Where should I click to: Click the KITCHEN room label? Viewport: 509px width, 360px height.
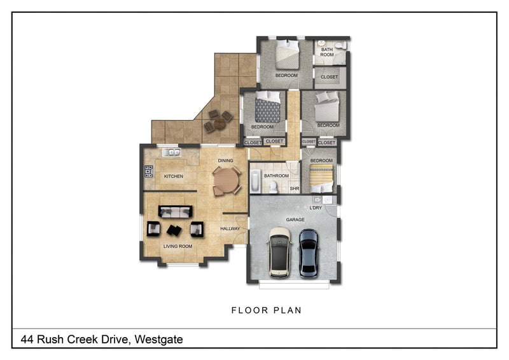click(174, 176)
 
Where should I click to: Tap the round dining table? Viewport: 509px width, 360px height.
click(227, 181)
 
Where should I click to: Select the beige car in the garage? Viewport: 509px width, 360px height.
click(279, 253)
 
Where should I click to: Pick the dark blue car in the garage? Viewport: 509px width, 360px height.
click(309, 253)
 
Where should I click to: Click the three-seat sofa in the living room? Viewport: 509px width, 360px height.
click(176, 212)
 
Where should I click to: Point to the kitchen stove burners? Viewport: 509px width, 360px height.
click(149, 171)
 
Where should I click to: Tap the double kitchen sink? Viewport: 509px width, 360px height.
click(171, 152)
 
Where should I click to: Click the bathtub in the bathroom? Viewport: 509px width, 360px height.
click(256, 181)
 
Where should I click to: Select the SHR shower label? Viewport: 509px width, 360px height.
click(295, 188)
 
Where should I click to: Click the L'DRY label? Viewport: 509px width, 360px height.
click(316, 208)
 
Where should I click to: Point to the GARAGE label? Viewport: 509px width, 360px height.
click(295, 220)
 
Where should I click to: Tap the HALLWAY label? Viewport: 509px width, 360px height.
click(230, 228)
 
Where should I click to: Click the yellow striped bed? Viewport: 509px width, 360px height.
click(321, 178)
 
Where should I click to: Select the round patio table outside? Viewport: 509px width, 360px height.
click(220, 123)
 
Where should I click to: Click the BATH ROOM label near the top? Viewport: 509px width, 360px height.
click(327, 52)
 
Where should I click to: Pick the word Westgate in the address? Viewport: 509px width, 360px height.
click(158, 340)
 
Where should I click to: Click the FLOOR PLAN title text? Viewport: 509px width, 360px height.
click(267, 310)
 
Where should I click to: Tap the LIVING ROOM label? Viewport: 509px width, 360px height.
click(178, 246)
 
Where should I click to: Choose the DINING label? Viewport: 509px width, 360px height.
click(226, 160)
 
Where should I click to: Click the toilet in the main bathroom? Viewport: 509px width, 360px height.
click(274, 187)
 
